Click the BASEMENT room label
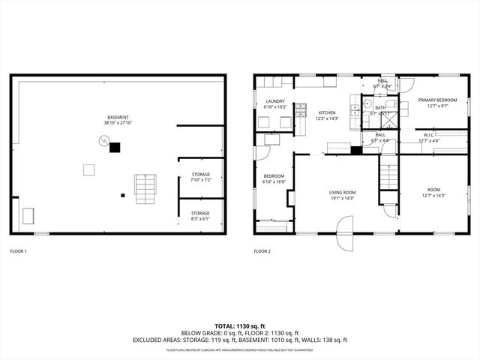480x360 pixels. click(x=118, y=118)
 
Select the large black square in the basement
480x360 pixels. click(x=115, y=147)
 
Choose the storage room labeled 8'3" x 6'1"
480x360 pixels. click(x=200, y=216)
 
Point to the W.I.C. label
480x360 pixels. click(x=429, y=135)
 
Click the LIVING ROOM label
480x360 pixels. click(x=342, y=193)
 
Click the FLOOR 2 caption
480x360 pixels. click(x=262, y=251)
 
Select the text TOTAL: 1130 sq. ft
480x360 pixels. click(x=239, y=326)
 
